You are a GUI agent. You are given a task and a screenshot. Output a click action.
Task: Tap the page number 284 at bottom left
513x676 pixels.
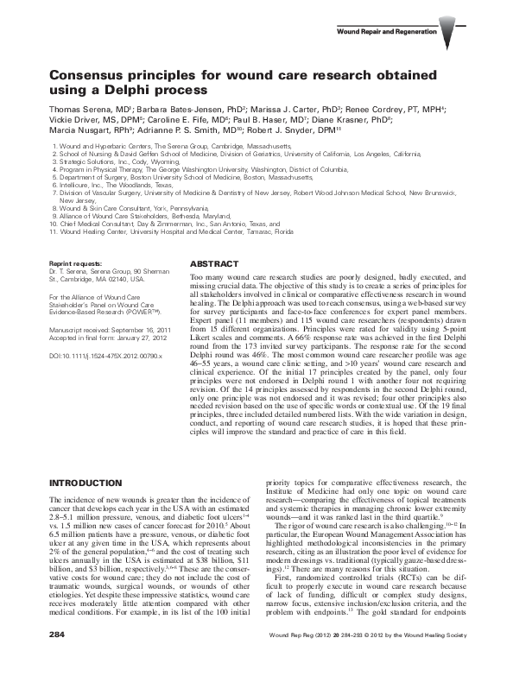(x=57, y=658)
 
